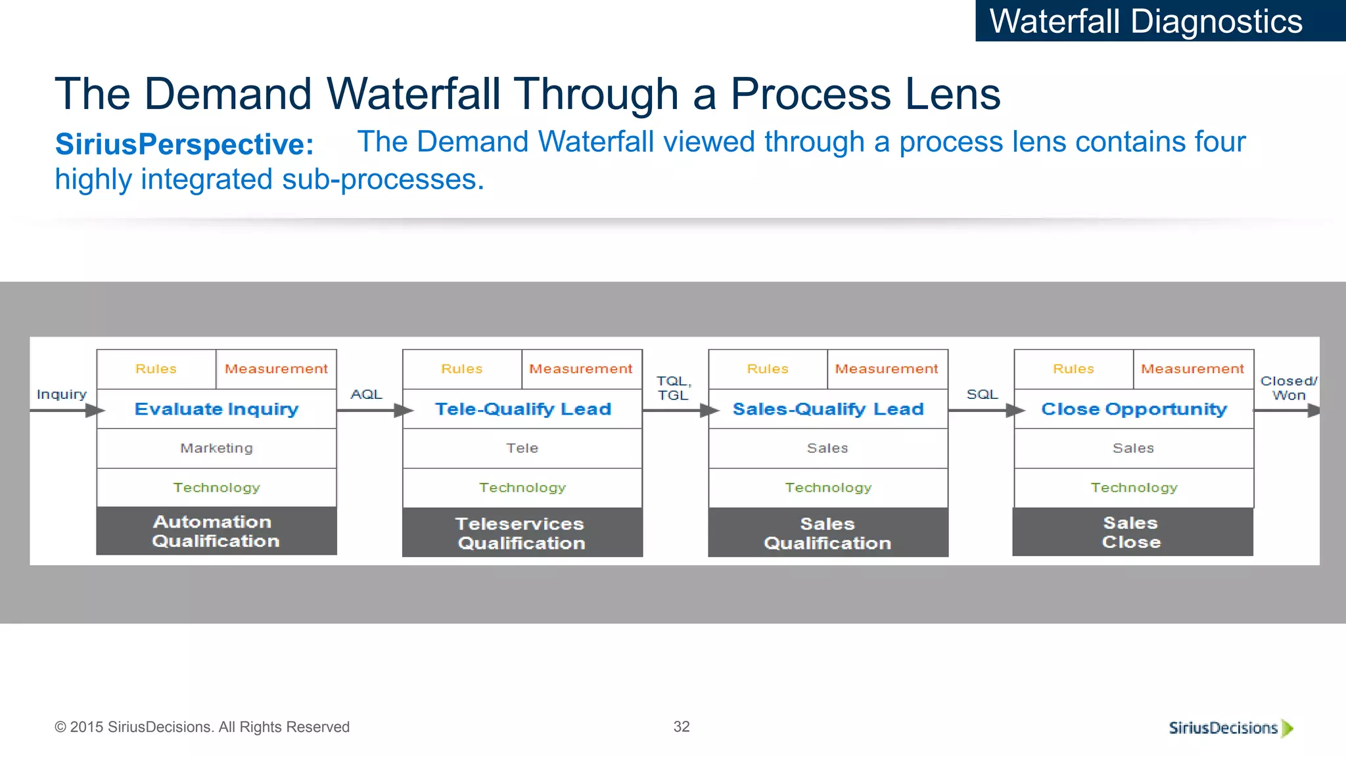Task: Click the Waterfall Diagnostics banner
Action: point(1159,21)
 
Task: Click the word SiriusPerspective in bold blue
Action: point(185,144)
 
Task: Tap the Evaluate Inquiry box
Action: point(216,409)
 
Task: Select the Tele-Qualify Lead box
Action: point(522,409)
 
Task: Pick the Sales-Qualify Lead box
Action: point(828,409)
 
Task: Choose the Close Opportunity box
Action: point(1134,409)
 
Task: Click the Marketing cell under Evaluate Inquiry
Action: point(216,448)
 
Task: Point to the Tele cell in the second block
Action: point(522,448)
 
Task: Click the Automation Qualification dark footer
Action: point(216,531)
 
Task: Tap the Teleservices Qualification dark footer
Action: point(522,533)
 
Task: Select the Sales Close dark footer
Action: point(1132,532)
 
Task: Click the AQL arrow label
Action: point(366,394)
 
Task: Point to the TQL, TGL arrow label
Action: point(674,388)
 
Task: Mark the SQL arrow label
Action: point(982,394)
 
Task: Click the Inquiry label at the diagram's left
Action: point(62,394)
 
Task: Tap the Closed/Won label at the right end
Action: point(1288,388)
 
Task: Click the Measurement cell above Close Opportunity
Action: point(1192,369)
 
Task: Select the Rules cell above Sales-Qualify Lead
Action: point(768,369)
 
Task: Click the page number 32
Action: point(682,726)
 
